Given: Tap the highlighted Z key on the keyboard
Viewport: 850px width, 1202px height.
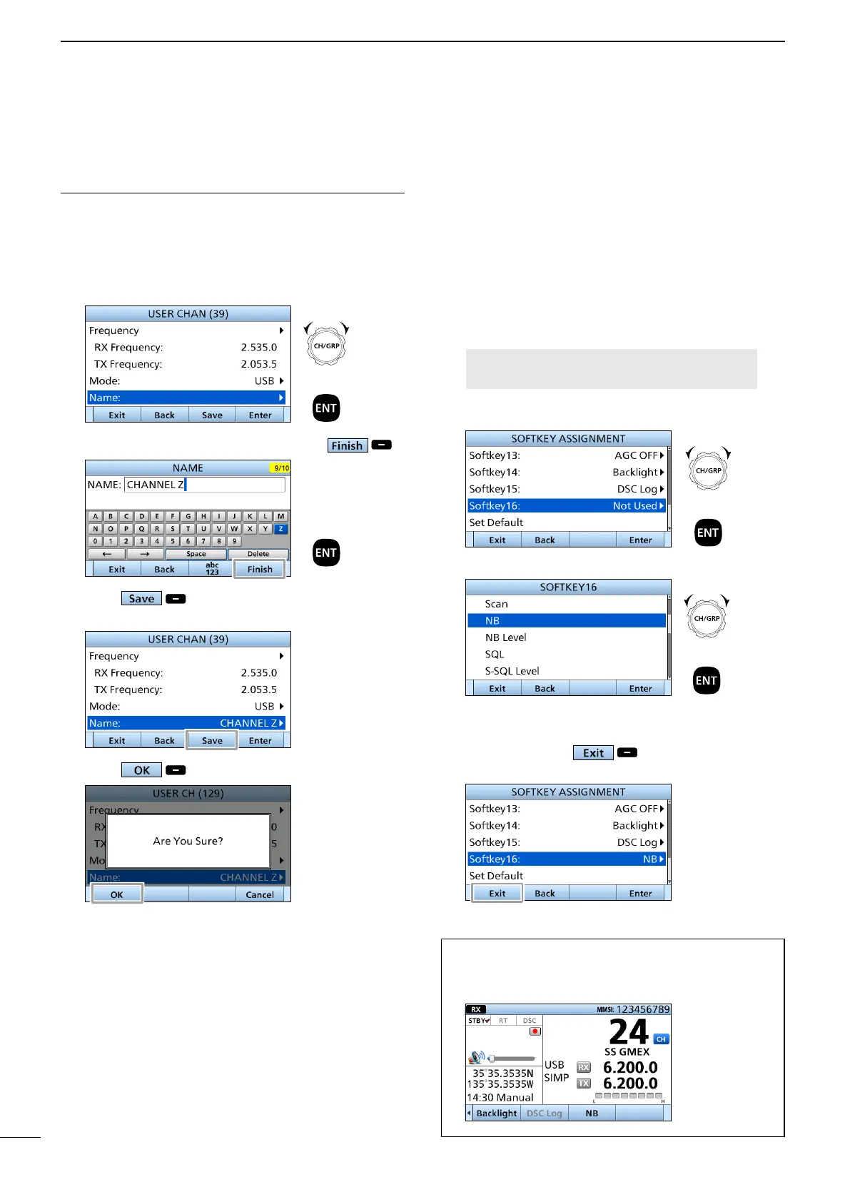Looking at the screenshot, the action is point(280,529).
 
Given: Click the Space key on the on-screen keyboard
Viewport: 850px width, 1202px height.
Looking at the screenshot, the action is point(196,554).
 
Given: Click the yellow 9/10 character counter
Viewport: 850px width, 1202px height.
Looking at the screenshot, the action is point(280,468).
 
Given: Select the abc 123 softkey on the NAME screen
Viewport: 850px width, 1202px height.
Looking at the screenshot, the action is point(212,569).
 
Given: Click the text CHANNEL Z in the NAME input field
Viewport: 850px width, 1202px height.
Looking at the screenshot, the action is point(155,485).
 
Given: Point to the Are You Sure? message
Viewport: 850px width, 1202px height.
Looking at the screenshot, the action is point(188,841).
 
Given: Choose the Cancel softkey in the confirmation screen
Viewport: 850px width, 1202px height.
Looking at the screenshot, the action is point(260,894).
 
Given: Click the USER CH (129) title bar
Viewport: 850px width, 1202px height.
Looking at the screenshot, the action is point(188,793).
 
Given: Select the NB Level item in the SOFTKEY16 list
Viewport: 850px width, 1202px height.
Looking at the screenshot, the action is point(506,637).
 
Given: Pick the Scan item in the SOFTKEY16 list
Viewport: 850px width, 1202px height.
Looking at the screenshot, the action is point(497,604).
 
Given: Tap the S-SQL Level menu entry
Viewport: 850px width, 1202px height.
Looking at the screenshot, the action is point(512,671).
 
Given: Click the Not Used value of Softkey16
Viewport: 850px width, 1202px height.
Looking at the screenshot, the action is point(634,505).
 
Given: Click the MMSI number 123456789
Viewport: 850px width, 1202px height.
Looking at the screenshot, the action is point(643,1009).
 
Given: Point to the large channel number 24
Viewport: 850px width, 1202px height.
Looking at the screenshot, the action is point(628,1032).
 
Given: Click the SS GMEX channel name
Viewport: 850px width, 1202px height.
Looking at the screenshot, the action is point(627,1052).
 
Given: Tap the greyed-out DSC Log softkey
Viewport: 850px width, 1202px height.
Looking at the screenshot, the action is point(544,1113).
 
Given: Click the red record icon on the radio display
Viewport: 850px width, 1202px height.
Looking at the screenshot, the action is point(535,1031).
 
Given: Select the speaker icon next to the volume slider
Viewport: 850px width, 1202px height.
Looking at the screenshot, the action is point(477,1057).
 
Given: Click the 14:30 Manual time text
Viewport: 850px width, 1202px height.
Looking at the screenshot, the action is point(500,1098).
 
